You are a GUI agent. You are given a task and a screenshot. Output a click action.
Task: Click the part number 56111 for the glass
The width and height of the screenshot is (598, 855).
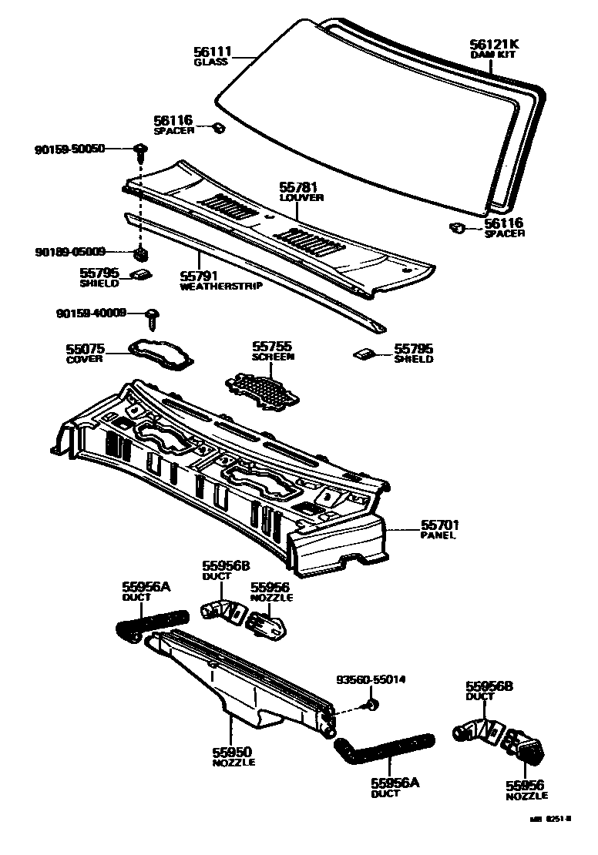210,52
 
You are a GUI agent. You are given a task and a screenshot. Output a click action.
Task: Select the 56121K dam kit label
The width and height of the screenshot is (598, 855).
494,45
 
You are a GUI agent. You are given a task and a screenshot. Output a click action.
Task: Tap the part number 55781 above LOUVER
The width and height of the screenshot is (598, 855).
299,188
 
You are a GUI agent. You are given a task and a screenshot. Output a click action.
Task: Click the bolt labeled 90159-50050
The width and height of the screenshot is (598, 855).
139,149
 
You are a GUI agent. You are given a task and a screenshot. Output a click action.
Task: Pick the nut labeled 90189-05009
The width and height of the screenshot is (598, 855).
141,253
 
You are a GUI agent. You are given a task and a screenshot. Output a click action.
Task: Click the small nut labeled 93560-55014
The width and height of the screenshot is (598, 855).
371,704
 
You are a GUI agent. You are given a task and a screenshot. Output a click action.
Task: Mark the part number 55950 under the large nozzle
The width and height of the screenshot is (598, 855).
233,753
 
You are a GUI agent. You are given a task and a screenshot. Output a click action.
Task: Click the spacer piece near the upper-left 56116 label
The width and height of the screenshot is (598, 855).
218,128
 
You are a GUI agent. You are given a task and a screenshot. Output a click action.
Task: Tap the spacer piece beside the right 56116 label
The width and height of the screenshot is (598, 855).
455,227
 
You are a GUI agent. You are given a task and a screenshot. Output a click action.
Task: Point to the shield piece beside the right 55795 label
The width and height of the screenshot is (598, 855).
365,354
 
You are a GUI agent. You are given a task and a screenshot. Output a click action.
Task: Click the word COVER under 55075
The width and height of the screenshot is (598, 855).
85,360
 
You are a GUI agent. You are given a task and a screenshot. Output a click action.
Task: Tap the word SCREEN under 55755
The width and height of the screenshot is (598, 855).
273,357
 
